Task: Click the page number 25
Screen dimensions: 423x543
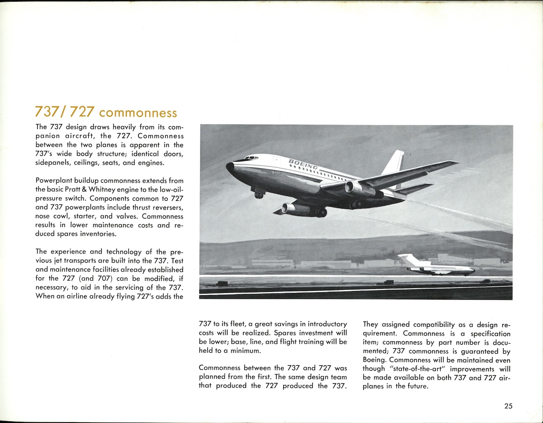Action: [x=508, y=406]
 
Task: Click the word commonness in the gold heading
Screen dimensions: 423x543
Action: [x=138, y=113]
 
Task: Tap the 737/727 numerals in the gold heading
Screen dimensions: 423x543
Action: [x=65, y=112]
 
